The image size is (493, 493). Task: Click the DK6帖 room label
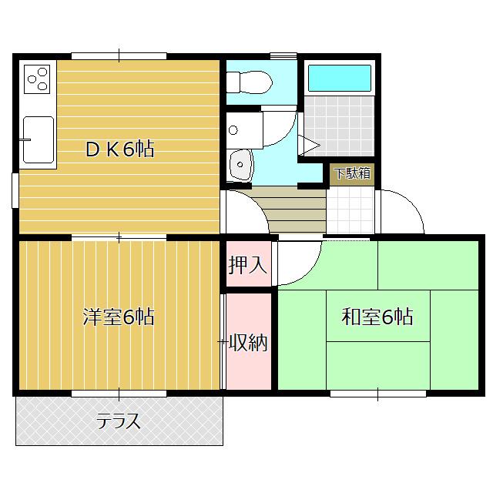coord(120,149)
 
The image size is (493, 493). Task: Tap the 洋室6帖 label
coord(119,317)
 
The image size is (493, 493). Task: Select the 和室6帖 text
coord(377,317)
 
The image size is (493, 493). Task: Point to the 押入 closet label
coord(248,265)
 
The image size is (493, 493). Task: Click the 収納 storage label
coord(248,342)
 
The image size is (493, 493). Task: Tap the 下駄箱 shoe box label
coord(352,173)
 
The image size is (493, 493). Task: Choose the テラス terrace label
coord(118,421)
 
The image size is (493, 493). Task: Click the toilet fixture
coord(249,82)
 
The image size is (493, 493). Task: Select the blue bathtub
coord(340,78)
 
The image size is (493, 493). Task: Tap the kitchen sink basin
coord(39,140)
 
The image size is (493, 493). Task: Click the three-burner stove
coord(37,79)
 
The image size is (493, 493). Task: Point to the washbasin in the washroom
coord(241,165)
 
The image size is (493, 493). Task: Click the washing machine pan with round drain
coord(245,130)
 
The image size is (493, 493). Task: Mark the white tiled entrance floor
coord(350,211)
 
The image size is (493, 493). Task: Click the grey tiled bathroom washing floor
coord(339,126)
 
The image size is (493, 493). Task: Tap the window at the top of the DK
coord(119,56)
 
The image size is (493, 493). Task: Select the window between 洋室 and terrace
coord(119,394)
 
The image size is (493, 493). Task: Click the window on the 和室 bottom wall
coord(378,394)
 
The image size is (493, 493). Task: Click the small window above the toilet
coord(283,56)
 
